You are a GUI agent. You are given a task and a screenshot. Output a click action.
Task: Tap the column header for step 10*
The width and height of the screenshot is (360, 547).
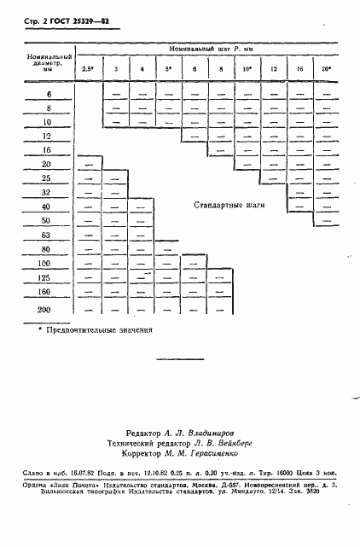point(247,69)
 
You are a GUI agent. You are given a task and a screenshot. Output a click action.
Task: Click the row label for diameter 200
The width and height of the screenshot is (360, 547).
point(45,310)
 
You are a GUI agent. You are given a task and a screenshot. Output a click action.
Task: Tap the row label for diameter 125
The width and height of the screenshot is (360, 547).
point(45,278)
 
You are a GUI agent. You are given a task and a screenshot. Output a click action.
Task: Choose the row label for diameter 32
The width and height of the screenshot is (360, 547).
point(47,192)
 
